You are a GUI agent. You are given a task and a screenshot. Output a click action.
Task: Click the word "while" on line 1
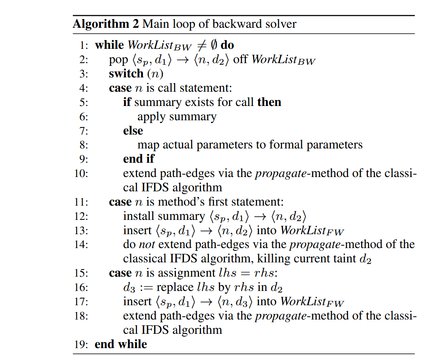110,45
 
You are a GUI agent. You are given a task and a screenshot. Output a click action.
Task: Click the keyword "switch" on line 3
126,74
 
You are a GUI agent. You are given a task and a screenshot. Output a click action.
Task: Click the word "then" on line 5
269,102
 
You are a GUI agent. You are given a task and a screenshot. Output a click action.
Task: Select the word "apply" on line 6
150,117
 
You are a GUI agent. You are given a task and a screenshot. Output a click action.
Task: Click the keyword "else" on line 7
133,131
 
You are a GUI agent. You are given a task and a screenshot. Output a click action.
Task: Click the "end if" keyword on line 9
138,159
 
